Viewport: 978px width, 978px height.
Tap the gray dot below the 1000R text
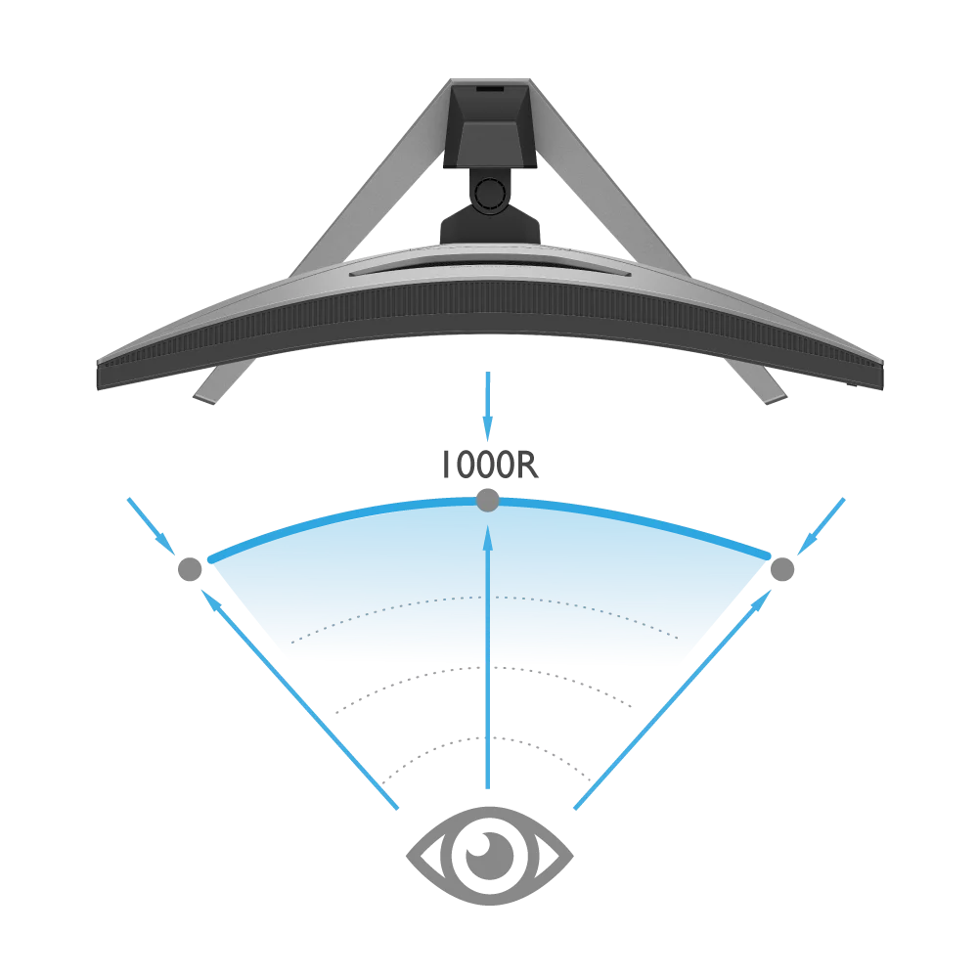tap(487, 501)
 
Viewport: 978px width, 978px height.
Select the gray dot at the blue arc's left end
tap(190, 568)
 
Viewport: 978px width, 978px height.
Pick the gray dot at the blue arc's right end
tap(782, 568)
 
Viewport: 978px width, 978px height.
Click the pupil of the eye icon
tap(488, 853)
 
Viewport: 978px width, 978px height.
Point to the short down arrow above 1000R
tap(487, 406)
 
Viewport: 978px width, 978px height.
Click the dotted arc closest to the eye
tap(487, 737)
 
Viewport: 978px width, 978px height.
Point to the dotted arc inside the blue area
tap(487, 597)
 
